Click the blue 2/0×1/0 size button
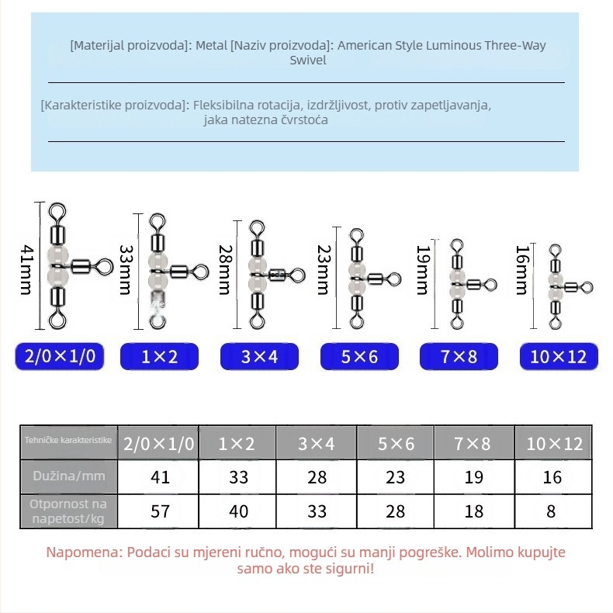60,356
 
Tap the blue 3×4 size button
259,356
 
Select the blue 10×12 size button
559,356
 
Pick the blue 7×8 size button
459,356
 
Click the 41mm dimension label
27,270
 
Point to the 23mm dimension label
324,270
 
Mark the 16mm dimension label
523,270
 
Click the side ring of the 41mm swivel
104,268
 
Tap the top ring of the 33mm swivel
158,223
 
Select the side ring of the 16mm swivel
587,288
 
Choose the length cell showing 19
474,477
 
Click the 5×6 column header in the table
395,443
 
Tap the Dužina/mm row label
69,476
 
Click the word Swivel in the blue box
308,61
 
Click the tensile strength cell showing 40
238,511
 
